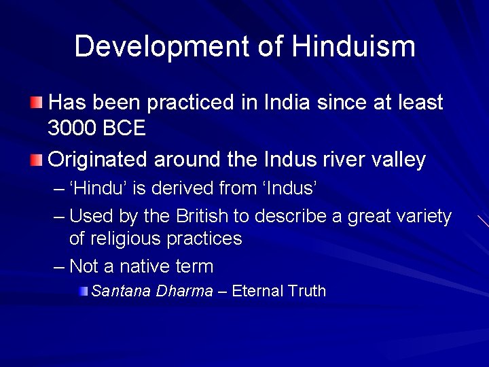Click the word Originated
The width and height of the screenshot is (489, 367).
tap(98, 160)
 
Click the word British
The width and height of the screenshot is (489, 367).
tap(211, 216)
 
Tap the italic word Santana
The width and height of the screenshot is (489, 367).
tap(120, 291)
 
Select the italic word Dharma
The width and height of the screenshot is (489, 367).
tap(184, 291)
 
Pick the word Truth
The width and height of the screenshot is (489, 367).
tap(307, 291)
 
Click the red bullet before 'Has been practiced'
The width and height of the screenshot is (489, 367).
tap(36, 103)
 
